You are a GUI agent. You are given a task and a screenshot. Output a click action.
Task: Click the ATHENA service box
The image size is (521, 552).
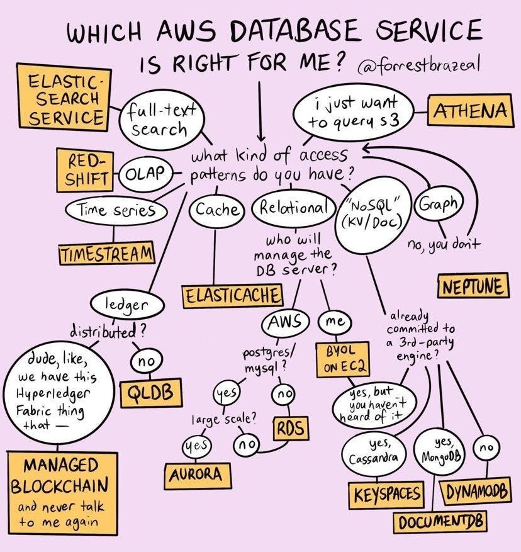click(470, 110)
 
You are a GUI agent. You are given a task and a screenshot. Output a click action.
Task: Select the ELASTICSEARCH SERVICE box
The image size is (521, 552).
click(64, 98)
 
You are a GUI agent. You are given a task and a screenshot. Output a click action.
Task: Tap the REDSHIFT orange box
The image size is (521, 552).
click(85, 170)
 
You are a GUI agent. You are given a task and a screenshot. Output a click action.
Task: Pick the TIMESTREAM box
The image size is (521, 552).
click(106, 252)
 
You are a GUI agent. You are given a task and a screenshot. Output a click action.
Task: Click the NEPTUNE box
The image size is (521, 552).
click(473, 286)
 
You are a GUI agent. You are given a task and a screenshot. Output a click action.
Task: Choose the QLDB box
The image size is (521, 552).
click(151, 393)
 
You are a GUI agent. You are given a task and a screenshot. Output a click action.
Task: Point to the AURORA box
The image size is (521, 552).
click(198, 476)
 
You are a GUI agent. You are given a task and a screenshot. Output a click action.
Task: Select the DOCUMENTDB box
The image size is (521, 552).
click(440, 522)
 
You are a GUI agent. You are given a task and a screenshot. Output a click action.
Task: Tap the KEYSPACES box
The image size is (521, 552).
click(386, 494)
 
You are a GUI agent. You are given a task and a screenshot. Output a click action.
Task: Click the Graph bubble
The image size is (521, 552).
click(439, 203)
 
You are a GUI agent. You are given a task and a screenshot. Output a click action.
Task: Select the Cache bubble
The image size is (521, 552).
click(216, 210)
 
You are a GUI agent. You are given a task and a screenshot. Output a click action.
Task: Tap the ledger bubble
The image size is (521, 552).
click(127, 305)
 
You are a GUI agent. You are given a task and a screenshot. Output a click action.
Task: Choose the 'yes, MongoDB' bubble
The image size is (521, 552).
click(439, 452)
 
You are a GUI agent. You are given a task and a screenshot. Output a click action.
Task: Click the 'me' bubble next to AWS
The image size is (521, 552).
click(335, 322)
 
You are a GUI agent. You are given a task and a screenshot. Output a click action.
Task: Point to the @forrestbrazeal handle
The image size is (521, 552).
click(419, 65)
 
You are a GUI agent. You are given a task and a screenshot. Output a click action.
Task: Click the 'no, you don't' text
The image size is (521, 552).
click(443, 244)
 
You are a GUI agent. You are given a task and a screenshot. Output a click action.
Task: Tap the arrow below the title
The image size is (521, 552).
click(260, 111)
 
